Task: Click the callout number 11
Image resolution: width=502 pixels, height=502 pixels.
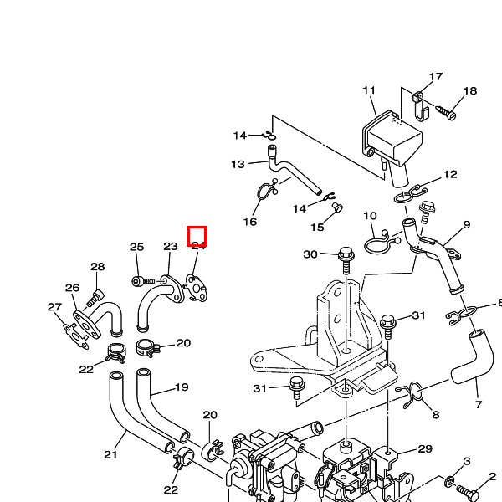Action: [370, 90]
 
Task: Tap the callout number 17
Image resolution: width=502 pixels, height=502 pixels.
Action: [436, 77]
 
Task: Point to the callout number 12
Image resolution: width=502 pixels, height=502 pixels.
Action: [450, 175]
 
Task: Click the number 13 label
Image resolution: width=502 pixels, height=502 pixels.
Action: [238, 164]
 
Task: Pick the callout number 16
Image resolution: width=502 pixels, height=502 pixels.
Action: [250, 222]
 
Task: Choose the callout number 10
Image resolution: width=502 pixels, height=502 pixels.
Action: [370, 216]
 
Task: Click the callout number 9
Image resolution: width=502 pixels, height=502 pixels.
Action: [466, 224]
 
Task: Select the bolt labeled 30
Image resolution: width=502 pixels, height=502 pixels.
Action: [346, 253]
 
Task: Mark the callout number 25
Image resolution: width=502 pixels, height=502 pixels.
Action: [137, 247]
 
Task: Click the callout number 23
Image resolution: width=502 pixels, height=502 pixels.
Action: [171, 247]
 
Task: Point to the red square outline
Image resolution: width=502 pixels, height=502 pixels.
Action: [197, 237]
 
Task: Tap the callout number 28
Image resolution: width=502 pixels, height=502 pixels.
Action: [98, 267]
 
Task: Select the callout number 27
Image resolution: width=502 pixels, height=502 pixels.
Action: [54, 306]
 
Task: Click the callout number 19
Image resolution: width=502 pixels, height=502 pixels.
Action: [182, 387]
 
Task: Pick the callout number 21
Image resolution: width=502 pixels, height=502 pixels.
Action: [110, 455]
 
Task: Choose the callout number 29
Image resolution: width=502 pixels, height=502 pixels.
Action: [425, 449]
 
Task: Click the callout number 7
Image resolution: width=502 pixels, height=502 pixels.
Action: [479, 405]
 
